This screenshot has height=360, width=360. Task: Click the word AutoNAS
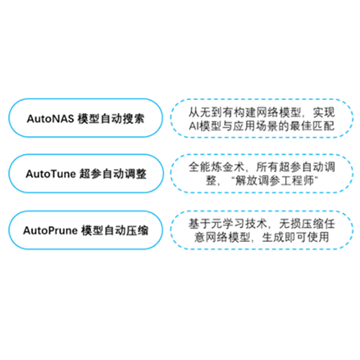[50, 119]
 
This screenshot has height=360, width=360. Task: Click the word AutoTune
[51, 174]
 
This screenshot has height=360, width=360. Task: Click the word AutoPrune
[50, 230]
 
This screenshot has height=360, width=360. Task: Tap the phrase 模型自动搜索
[111, 119]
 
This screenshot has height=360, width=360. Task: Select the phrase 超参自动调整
[112, 174]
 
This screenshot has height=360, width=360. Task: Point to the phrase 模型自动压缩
[114, 230]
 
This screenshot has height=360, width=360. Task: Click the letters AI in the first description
[194, 126]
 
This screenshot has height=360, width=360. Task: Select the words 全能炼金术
[217, 167]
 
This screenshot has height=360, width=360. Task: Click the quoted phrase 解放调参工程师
[274, 181]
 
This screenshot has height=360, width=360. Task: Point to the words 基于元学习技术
[228, 224]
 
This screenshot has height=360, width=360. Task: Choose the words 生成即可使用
[295, 238]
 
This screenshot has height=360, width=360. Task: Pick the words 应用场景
[256, 126]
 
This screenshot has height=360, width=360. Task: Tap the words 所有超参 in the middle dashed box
[278, 167]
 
